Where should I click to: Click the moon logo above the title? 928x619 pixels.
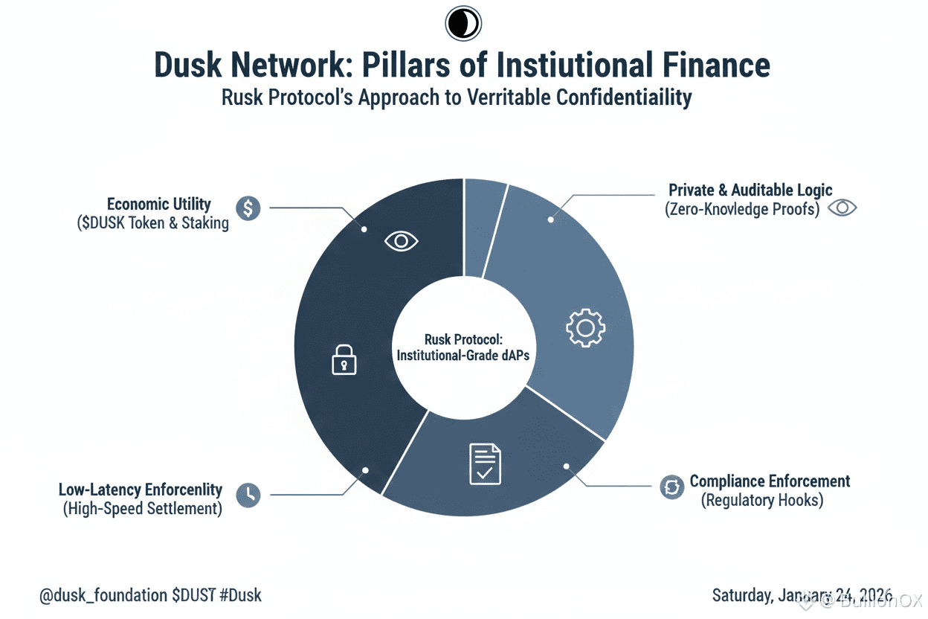pyautogui.click(x=463, y=24)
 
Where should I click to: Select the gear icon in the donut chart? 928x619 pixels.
pyautogui.click(x=586, y=328)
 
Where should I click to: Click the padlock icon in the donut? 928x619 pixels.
pyautogui.click(x=343, y=361)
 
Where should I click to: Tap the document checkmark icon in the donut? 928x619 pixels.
pyautogui.click(x=485, y=464)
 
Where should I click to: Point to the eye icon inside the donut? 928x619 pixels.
pyautogui.click(x=402, y=240)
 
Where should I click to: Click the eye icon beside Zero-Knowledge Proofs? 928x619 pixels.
pyautogui.click(x=842, y=208)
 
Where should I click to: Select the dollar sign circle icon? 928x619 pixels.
pyautogui.click(x=248, y=208)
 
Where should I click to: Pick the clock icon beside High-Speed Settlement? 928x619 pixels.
pyautogui.click(x=248, y=494)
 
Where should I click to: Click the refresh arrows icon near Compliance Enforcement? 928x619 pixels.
pyautogui.click(x=671, y=487)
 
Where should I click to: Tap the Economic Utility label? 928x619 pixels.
pyautogui.click(x=158, y=204)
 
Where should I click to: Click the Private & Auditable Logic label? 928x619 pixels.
pyautogui.click(x=750, y=190)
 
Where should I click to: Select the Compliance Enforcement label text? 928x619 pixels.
pyautogui.click(x=770, y=481)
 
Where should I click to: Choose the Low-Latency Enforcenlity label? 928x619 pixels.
pyautogui.click(x=141, y=490)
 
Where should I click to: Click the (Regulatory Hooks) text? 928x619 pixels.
pyautogui.click(x=762, y=500)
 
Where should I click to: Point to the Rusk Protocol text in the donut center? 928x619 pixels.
pyautogui.click(x=463, y=339)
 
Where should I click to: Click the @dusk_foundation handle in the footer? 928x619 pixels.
pyautogui.click(x=103, y=595)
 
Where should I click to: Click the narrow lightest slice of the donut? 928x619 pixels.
pyautogui.click(x=483, y=223)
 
